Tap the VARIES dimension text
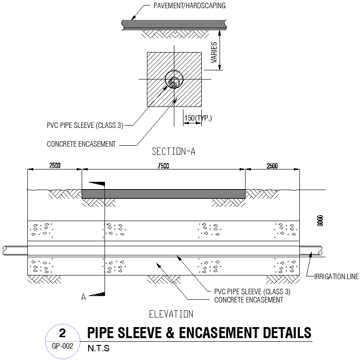[x=214, y=53]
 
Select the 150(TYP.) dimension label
[x=198, y=118]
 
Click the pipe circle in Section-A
[x=174, y=82]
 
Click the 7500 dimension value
[x=163, y=166]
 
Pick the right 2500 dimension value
[x=272, y=166]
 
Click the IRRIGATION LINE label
[x=336, y=276]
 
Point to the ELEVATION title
[x=171, y=314]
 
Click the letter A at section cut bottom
[x=84, y=297]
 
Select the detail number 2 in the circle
[x=63, y=333]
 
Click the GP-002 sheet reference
[x=63, y=346]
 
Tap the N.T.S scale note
[x=99, y=349]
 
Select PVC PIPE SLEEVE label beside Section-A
[x=85, y=125]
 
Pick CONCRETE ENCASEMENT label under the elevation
[x=249, y=300]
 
